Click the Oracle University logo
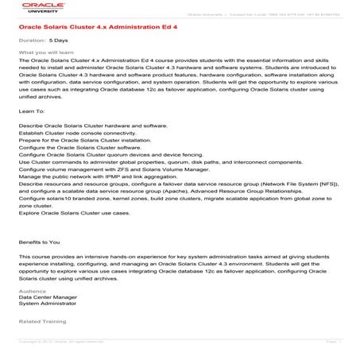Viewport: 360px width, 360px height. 35,9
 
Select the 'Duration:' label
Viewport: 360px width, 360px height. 32,39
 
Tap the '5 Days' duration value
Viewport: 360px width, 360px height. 58,39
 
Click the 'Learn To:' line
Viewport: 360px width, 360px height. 30,113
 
